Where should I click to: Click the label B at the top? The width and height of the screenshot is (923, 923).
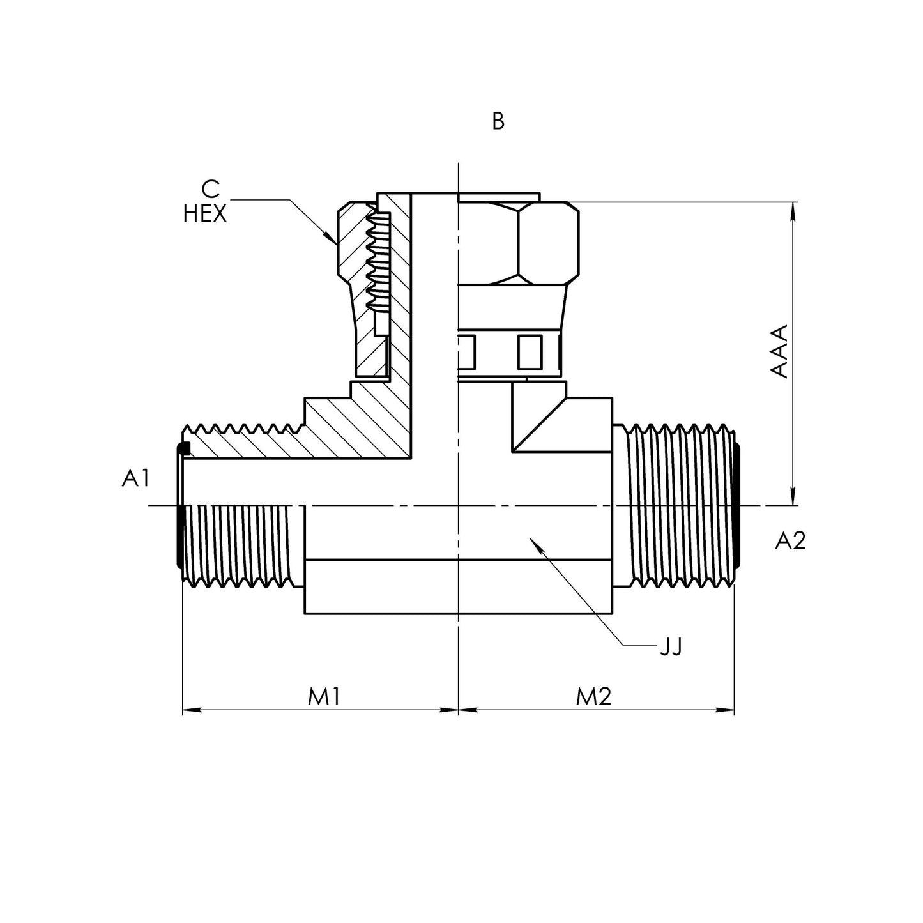(x=498, y=121)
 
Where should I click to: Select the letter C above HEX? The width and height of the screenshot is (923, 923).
(x=210, y=189)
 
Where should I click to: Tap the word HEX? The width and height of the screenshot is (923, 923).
(x=204, y=214)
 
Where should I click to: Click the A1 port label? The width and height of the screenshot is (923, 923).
(x=135, y=478)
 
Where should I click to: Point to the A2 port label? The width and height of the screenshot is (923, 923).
(x=790, y=541)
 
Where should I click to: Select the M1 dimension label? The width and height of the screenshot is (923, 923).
(x=324, y=697)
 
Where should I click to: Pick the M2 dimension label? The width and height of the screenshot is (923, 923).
(x=593, y=697)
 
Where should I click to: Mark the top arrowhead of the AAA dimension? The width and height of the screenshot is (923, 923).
(x=793, y=211)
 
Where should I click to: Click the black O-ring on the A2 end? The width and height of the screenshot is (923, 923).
(x=738, y=505)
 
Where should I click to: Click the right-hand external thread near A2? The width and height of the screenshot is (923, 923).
(x=680, y=505)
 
